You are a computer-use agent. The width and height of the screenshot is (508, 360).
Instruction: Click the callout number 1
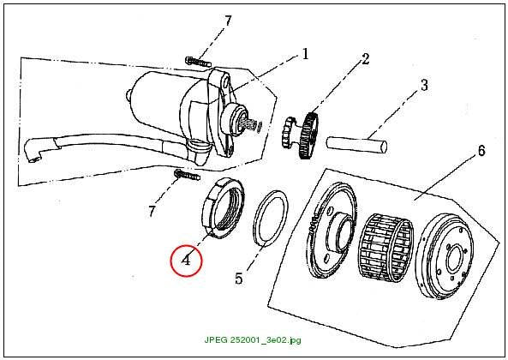[x=305, y=54]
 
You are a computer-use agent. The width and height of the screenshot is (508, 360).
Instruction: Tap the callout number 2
[x=365, y=59]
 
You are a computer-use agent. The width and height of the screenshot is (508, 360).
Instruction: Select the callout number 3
[x=424, y=85]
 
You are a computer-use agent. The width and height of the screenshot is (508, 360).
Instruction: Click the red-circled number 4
[x=186, y=261]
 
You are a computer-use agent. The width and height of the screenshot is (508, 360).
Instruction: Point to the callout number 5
[x=239, y=279]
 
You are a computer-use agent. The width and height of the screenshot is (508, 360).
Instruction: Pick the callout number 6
[x=481, y=151]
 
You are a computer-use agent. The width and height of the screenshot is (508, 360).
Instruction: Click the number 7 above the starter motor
[x=229, y=21]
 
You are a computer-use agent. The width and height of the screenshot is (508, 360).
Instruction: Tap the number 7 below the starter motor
[x=152, y=212]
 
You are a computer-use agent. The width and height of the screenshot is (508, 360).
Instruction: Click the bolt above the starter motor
[x=198, y=62]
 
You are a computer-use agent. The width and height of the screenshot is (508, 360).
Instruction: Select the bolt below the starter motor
[x=187, y=175]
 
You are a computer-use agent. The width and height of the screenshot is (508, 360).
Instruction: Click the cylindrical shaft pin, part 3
[x=356, y=144]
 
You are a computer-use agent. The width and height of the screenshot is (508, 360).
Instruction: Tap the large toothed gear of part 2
[x=308, y=135]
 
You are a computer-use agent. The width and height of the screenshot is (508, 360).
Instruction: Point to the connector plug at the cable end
[x=33, y=150]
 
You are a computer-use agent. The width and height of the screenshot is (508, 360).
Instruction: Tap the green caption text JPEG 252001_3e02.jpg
[x=253, y=340]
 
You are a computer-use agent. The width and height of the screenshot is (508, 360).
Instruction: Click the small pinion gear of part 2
[x=288, y=133]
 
